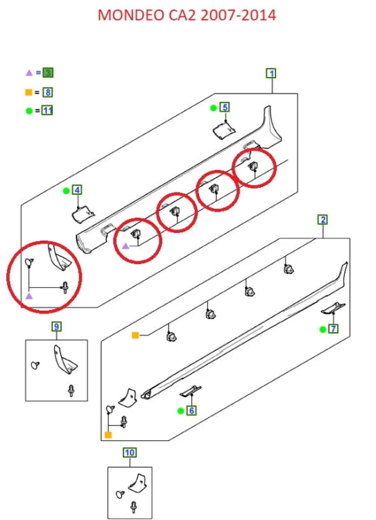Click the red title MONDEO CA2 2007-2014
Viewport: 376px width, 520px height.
(187, 15)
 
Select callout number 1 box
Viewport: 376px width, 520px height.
(271, 73)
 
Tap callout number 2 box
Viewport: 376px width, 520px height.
(323, 220)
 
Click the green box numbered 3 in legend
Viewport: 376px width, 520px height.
(48, 73)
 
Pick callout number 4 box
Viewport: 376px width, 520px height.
(77, 190)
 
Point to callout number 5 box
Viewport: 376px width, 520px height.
(225, 107)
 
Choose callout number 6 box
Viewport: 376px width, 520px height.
(191, 410)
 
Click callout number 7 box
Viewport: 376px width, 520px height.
(333, 329)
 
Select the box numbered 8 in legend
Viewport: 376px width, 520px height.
(48, 92)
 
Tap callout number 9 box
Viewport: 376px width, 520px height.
(56, 327)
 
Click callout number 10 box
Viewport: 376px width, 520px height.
(130, 452)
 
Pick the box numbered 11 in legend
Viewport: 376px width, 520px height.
(47, 110)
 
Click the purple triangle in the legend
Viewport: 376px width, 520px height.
(29, 73)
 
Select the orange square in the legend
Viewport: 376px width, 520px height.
(29, 92)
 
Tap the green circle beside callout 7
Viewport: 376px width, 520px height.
(323, 329)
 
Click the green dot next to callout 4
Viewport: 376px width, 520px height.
(66, 191)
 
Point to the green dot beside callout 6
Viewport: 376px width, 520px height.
(180, 411)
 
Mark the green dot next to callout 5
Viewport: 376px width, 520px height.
(214, 107)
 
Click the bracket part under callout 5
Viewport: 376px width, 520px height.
(224, 130)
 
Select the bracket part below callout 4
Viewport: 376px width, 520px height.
(83, 214)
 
